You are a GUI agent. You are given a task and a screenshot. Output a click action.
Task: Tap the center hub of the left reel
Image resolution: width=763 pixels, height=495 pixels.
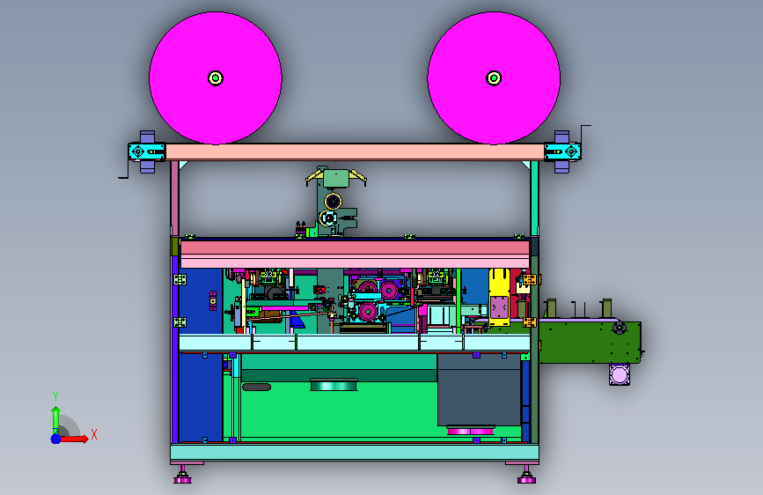point(216,78)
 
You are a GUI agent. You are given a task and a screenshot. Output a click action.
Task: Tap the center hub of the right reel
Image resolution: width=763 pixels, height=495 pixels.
point(494,78)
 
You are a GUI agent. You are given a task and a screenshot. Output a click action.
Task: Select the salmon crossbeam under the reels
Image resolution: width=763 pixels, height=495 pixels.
point(355,151)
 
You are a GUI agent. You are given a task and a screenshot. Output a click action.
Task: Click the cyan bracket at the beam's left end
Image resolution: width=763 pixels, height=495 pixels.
point(146,151)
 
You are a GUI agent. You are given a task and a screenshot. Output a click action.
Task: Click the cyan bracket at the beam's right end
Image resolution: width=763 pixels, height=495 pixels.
point(562,151)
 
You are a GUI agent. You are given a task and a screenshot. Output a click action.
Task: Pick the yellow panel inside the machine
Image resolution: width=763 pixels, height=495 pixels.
point(499,297)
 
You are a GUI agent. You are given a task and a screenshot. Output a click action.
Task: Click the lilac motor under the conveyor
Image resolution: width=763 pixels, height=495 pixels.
point(620,374)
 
